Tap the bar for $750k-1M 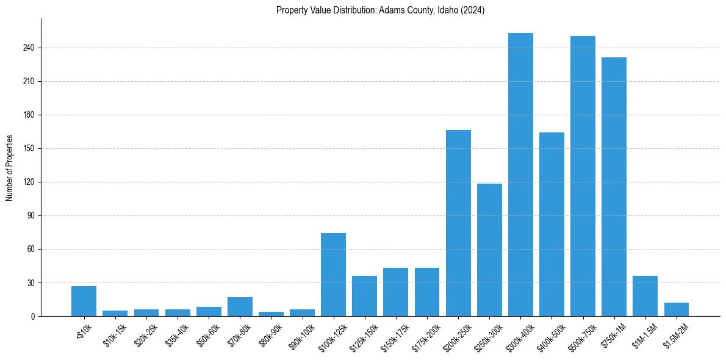[614, 187]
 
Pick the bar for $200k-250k [458, 223]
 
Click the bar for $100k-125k [333, 275]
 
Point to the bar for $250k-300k [489, 250]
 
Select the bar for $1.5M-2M [676, 309]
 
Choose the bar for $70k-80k [240, 306]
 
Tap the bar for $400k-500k [552, 224]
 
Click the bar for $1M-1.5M [645, 296]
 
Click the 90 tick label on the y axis [32, 215]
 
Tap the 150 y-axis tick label [31, 148]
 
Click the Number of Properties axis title [9, 167]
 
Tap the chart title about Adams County [380, 10]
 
